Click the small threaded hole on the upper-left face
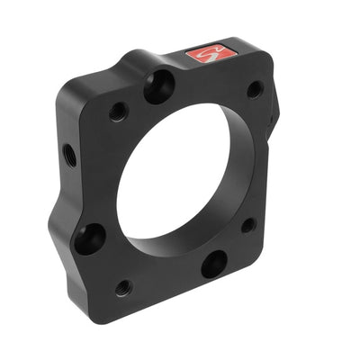118,112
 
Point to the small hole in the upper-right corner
255,89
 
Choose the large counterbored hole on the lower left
90,238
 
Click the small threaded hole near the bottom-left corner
122,288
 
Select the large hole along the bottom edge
213,264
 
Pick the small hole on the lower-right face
247,226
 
